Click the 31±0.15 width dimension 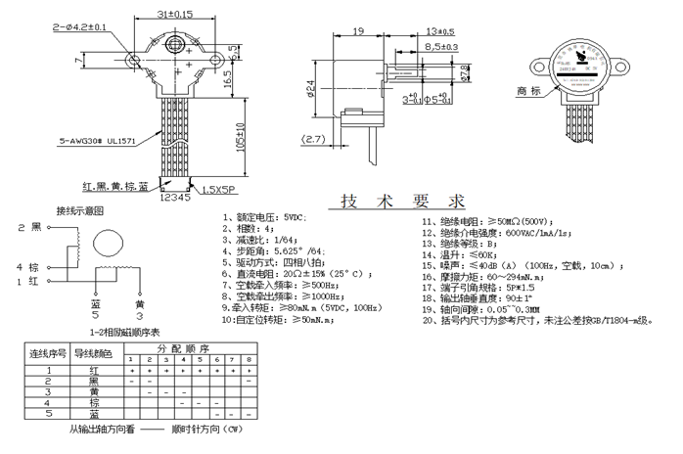pyautogui.click(x=174, y=14)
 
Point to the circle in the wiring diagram pyautogui.click(x=107, y=245)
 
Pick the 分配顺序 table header pyautogui.click(x=183, y=347)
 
